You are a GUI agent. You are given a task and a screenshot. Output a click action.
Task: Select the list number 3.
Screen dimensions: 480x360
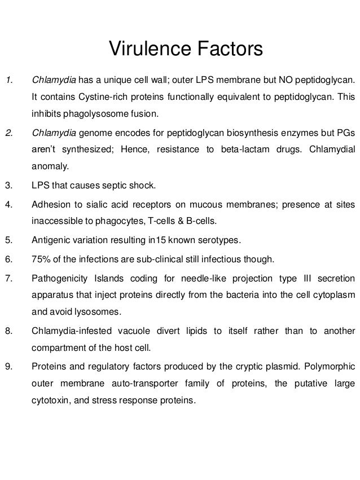pos(8,186)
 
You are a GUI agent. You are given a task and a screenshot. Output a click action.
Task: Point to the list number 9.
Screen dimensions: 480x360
pos(8,368)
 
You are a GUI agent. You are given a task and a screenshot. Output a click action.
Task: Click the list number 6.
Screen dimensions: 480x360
pos(8,259)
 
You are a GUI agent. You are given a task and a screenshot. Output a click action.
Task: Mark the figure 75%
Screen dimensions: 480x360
pos(41,259)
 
